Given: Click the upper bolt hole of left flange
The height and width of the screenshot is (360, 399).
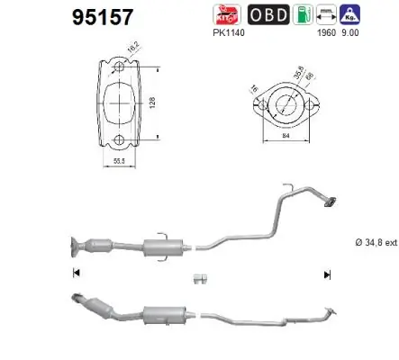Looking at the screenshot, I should point(119,67).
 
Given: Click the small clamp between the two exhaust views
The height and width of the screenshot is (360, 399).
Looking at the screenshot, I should point(201,277).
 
